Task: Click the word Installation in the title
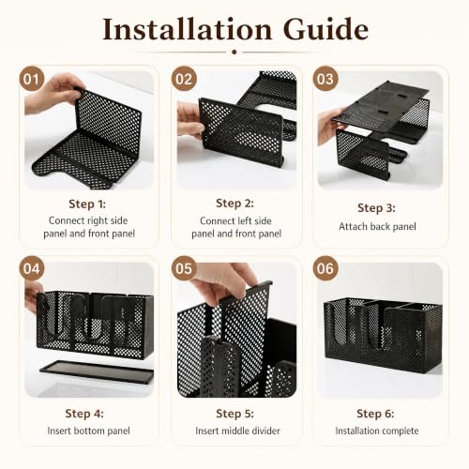tap(188, 29)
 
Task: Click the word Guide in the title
tap(326, 29)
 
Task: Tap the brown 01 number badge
tap(32, 79)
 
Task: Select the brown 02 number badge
tap(184, 79)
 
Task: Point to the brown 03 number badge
tap(325, 79)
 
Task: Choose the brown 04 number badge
tap(32, 268)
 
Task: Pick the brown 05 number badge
tap(184, 268)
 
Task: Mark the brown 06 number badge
tap(325, 268)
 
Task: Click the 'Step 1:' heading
tap(87, 204)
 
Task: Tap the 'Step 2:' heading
tap(234, 204)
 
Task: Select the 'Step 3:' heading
tap(376, 208)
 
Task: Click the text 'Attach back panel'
tap(377, 226)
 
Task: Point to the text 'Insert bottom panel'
tap(88, 431)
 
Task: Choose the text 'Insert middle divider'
tap(237, 431)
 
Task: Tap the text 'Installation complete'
tap(377, 431)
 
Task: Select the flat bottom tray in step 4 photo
tap(97, 372)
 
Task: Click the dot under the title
tap(234, 53)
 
